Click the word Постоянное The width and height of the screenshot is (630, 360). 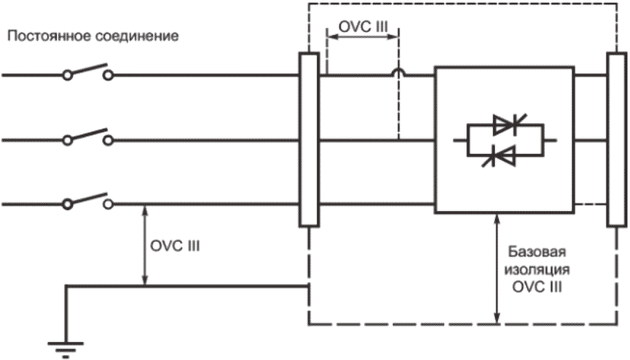50,36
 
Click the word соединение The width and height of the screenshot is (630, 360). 137,36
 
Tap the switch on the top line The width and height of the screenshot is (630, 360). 88,71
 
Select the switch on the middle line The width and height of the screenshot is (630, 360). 88,137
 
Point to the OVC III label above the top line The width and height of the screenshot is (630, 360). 363,26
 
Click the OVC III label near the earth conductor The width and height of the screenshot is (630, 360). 175,246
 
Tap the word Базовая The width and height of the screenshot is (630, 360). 538,252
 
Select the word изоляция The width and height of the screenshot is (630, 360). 538,270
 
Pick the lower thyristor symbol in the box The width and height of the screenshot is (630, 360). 499,156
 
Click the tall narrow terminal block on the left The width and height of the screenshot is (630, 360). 309,140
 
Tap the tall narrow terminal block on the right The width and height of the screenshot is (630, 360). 617,140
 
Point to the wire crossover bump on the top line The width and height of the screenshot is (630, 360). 398,71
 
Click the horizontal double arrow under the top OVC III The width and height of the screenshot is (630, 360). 363,36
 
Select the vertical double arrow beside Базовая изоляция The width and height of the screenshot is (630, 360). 498,269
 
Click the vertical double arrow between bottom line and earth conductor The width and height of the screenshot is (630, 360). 146,246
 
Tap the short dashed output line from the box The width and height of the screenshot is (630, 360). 590,204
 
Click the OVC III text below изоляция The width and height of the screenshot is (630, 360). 538,288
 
